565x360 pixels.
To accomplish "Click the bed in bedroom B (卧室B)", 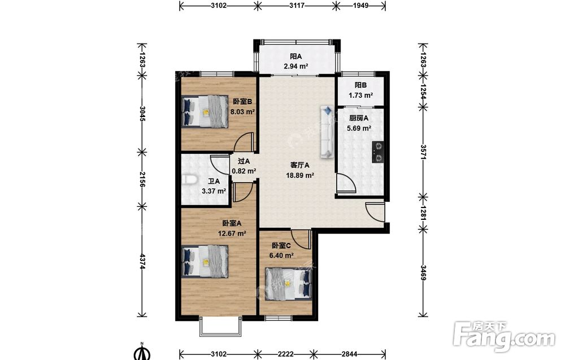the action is pyautogui.click(x=205, y=111).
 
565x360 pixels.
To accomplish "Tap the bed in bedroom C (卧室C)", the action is pyautogui.click(x=288, y=284).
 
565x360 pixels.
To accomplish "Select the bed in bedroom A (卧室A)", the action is pyautogui.click(x=205, y=261).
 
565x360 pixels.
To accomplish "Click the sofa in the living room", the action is pyautogui.click(x=327, y=132).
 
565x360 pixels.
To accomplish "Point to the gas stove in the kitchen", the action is pyautogui.click(x=379, y=152).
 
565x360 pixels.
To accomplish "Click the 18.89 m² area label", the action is pyautogui.click(x=300, y=176).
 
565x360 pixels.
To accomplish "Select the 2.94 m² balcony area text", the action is pyautogui.click(x=296, y=66).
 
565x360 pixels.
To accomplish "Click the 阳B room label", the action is pyautogui.click(x=360, y=85).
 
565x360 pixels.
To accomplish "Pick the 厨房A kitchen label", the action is pyautogui.click(x=359, y=118).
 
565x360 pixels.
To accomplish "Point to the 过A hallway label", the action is pyautogui.click(x=244, y=162).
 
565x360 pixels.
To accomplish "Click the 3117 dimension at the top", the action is pyautogui.click(x=297, y=6).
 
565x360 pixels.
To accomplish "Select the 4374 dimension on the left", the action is pyautogui.click(x=142, y=261).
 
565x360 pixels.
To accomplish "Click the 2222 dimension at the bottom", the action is pyautogui.click(x=285, y=354).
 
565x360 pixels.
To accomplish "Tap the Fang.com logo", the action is pyautogui.click(x=504, y=337).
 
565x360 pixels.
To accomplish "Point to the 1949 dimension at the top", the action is pyautogui.click(x=360, y=6).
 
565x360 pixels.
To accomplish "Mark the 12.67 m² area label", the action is pyautogui.click(x=232, y=233).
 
